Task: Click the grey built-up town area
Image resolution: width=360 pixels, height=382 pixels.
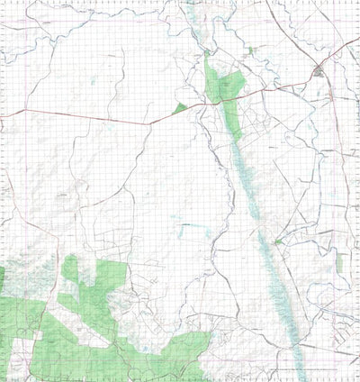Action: coord(319,71)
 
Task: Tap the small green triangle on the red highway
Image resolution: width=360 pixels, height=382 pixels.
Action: coord(181,108)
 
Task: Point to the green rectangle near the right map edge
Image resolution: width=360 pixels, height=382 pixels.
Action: coord(340,261)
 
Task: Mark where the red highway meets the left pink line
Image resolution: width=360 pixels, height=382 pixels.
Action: coord(7,114)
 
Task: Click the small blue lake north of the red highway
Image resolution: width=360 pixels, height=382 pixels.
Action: coord(93,84)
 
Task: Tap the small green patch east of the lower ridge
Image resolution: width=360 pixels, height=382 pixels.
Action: coord(279,241)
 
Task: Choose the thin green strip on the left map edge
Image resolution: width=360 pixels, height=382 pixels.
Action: coord(3,279)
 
